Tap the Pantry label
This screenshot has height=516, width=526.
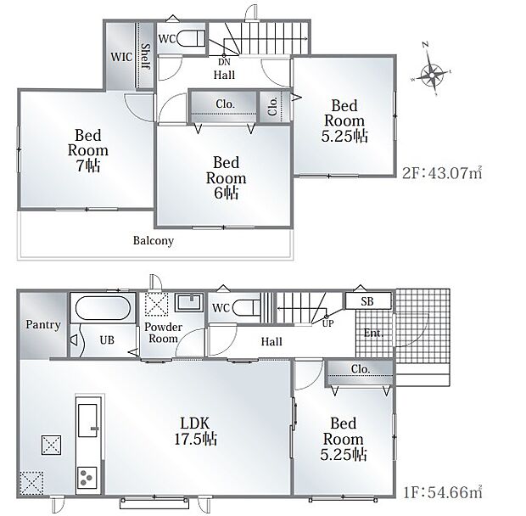coord(43,325)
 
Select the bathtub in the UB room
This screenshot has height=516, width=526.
coord(103,308)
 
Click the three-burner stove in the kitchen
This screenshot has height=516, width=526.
coord(87,477)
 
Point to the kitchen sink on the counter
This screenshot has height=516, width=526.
coord(87,420)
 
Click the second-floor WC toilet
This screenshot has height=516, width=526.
coord(190,38)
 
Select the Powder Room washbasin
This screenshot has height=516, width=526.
coord(190,301)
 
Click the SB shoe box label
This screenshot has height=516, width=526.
coord(367,301)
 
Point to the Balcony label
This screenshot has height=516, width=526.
coord(154,240)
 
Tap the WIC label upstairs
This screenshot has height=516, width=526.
coord(121,57)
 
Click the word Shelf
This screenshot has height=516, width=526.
coord(146,56)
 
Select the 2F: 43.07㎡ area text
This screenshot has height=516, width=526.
coord(442,172)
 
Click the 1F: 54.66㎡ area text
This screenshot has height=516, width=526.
coord(442,492)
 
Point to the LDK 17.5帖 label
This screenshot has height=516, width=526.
coord(196,431)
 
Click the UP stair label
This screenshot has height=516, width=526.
coord(327,323)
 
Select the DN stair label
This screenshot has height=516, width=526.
coord(224,62)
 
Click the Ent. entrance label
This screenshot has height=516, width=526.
coord(373,333)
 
